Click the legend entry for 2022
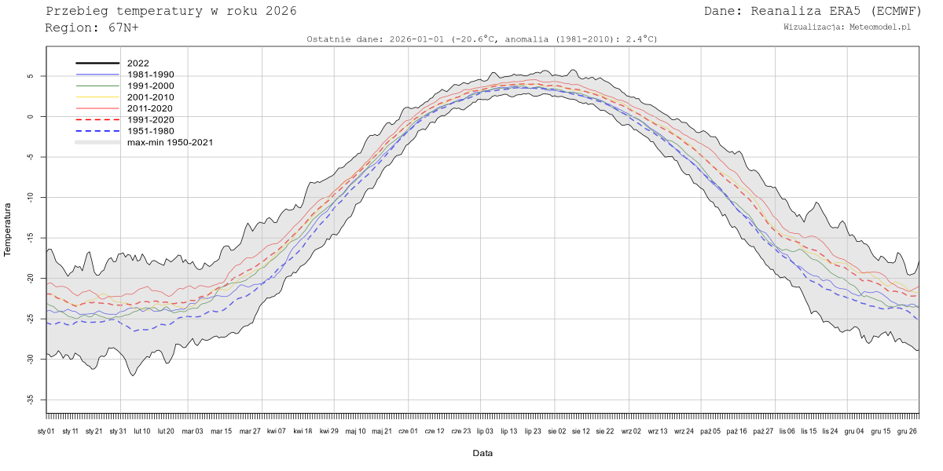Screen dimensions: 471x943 click(138, 63)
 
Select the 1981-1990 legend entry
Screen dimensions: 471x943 click(150, 75)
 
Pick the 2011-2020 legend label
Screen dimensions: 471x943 click(150, 108)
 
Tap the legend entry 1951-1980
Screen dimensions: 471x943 click(150, 131)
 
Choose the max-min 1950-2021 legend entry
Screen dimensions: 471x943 click(170, 142)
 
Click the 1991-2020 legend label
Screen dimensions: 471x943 click(150, 119)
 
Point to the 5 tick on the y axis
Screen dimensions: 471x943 click(31, 77)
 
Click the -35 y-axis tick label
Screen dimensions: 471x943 click(31, 400)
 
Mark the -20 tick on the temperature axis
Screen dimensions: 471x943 click(31, 279)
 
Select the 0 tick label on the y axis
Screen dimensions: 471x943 click(31, 117)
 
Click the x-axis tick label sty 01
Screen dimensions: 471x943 click(46, 431)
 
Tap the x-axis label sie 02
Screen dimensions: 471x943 click(556, 431)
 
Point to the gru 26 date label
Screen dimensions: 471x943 click(906, 431)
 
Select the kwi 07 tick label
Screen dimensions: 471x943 click(276, 431)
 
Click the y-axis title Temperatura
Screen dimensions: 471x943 click(8, 229)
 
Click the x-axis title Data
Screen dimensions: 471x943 click(483, 453)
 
